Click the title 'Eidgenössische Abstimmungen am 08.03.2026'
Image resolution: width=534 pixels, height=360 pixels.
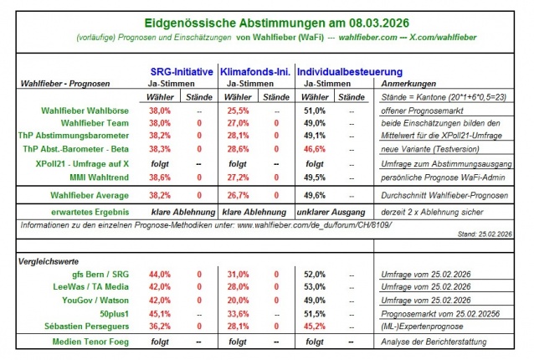(x=266, y=18)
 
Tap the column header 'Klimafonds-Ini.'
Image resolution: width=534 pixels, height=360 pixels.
(x=254, y=72)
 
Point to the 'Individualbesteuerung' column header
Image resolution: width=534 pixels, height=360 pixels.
(x=338, y=72)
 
